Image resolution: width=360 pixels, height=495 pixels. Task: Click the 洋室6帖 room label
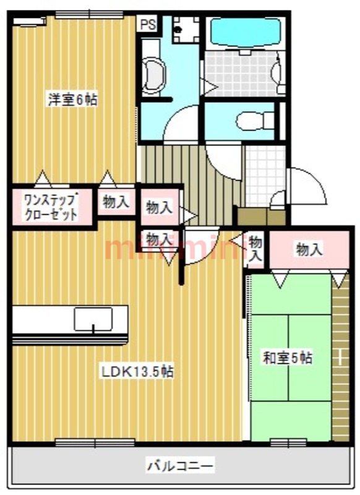pyautogui.click(x=72, y=99)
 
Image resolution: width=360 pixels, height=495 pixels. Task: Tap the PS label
pyautogui.click(x=147, y=25)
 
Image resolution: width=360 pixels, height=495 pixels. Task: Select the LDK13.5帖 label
pyautogui.click(x=137, y=372)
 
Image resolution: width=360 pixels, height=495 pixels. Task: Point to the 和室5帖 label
pyautogui.click(x=288, y=358)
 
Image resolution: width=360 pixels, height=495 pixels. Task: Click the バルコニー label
pyautogui.click(x=181, y=464)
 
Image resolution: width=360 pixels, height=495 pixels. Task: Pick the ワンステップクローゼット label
pyautogui.click(x=51, y=208)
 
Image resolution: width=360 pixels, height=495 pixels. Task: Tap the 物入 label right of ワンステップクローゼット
pyautogui.click(x=116, y=202)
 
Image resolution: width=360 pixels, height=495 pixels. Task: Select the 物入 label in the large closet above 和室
pyautogui.click(x=309, y=249)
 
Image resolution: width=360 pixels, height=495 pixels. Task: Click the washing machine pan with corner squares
pyautogui.click(x=185, y=28)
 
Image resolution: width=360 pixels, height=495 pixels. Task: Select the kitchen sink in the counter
pyautogui.click(x=93, y=319)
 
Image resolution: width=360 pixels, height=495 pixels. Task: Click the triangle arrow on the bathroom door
pyautogui.click(x=210, y=87)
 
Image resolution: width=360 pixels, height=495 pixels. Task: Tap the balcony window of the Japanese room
pyautogui.click(x=288, y=442)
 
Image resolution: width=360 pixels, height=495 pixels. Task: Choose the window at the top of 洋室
pyautogui.click(x=88, y=14)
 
